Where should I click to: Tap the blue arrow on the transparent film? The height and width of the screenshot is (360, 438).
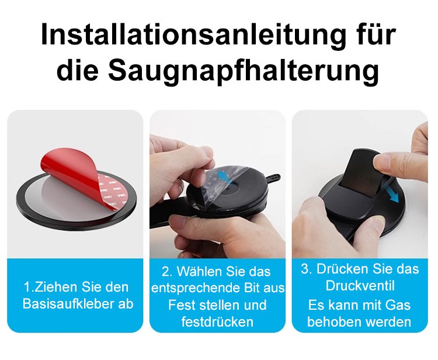click(225, 174)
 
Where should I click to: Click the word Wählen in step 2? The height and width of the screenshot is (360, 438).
click(195, 272)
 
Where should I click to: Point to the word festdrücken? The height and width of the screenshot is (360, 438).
click(217, 321)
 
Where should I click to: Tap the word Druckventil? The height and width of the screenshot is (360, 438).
click(360, 286)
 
